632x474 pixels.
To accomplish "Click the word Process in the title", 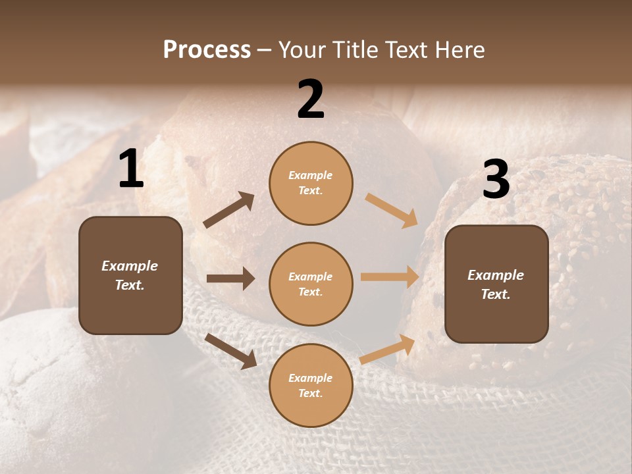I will point(207,50).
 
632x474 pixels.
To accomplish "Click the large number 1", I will point(131,169).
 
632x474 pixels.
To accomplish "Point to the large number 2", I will point(311,99).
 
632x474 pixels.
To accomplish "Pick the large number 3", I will point(496,179).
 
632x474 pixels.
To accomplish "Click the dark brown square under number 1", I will point(130,275).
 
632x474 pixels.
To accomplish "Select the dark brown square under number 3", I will point(496,284).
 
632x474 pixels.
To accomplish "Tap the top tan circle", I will point(311,183).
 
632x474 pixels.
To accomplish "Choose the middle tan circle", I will point(311,284).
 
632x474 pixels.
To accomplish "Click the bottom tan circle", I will point(311,385).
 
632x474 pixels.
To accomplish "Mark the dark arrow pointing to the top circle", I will point(229,210).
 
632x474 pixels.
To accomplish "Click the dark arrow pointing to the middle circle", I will point(230,278).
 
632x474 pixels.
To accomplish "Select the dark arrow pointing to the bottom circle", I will point(230,351).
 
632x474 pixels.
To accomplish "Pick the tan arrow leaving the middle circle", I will point(390,277).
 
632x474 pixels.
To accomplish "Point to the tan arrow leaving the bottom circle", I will point(387,350).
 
